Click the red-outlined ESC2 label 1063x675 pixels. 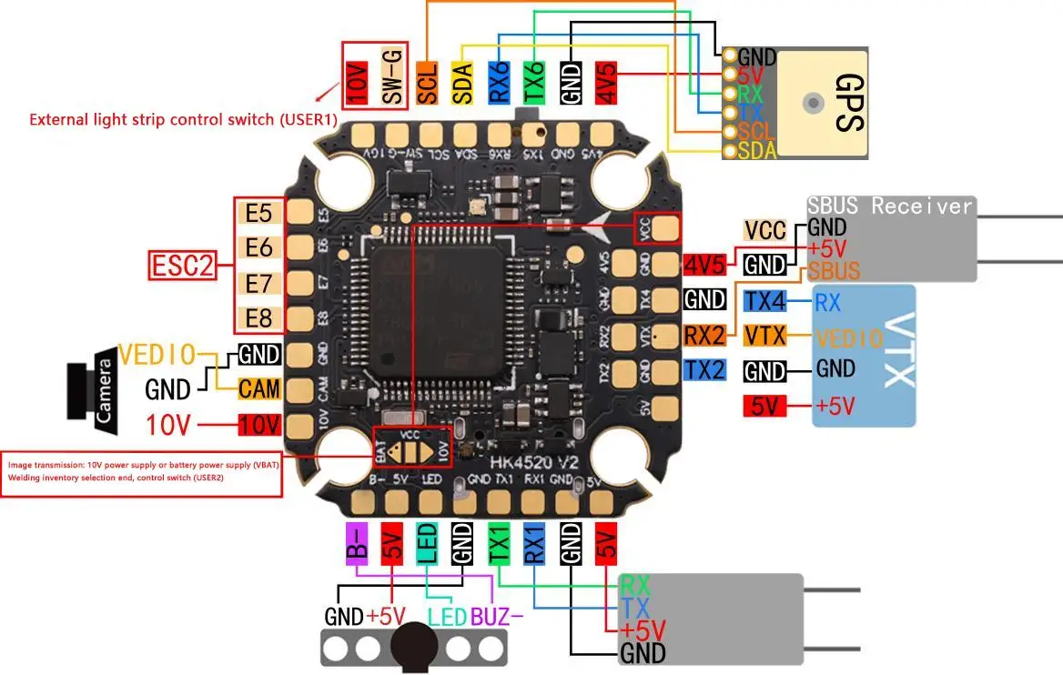[x=182, y=266]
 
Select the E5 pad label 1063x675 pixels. [x=259, y=214]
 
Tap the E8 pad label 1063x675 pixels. [x=259, y=318]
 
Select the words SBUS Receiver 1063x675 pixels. [x=890, y=206]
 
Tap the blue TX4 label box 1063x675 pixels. [x=764, y=301]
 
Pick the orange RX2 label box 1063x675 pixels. [x=705, y=335]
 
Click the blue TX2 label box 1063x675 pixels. [x=705, y=369]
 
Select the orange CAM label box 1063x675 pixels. [x=259, y=389]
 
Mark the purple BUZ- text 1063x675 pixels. [x=497, y=617]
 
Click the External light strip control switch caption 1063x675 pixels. [x=183, y=119]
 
